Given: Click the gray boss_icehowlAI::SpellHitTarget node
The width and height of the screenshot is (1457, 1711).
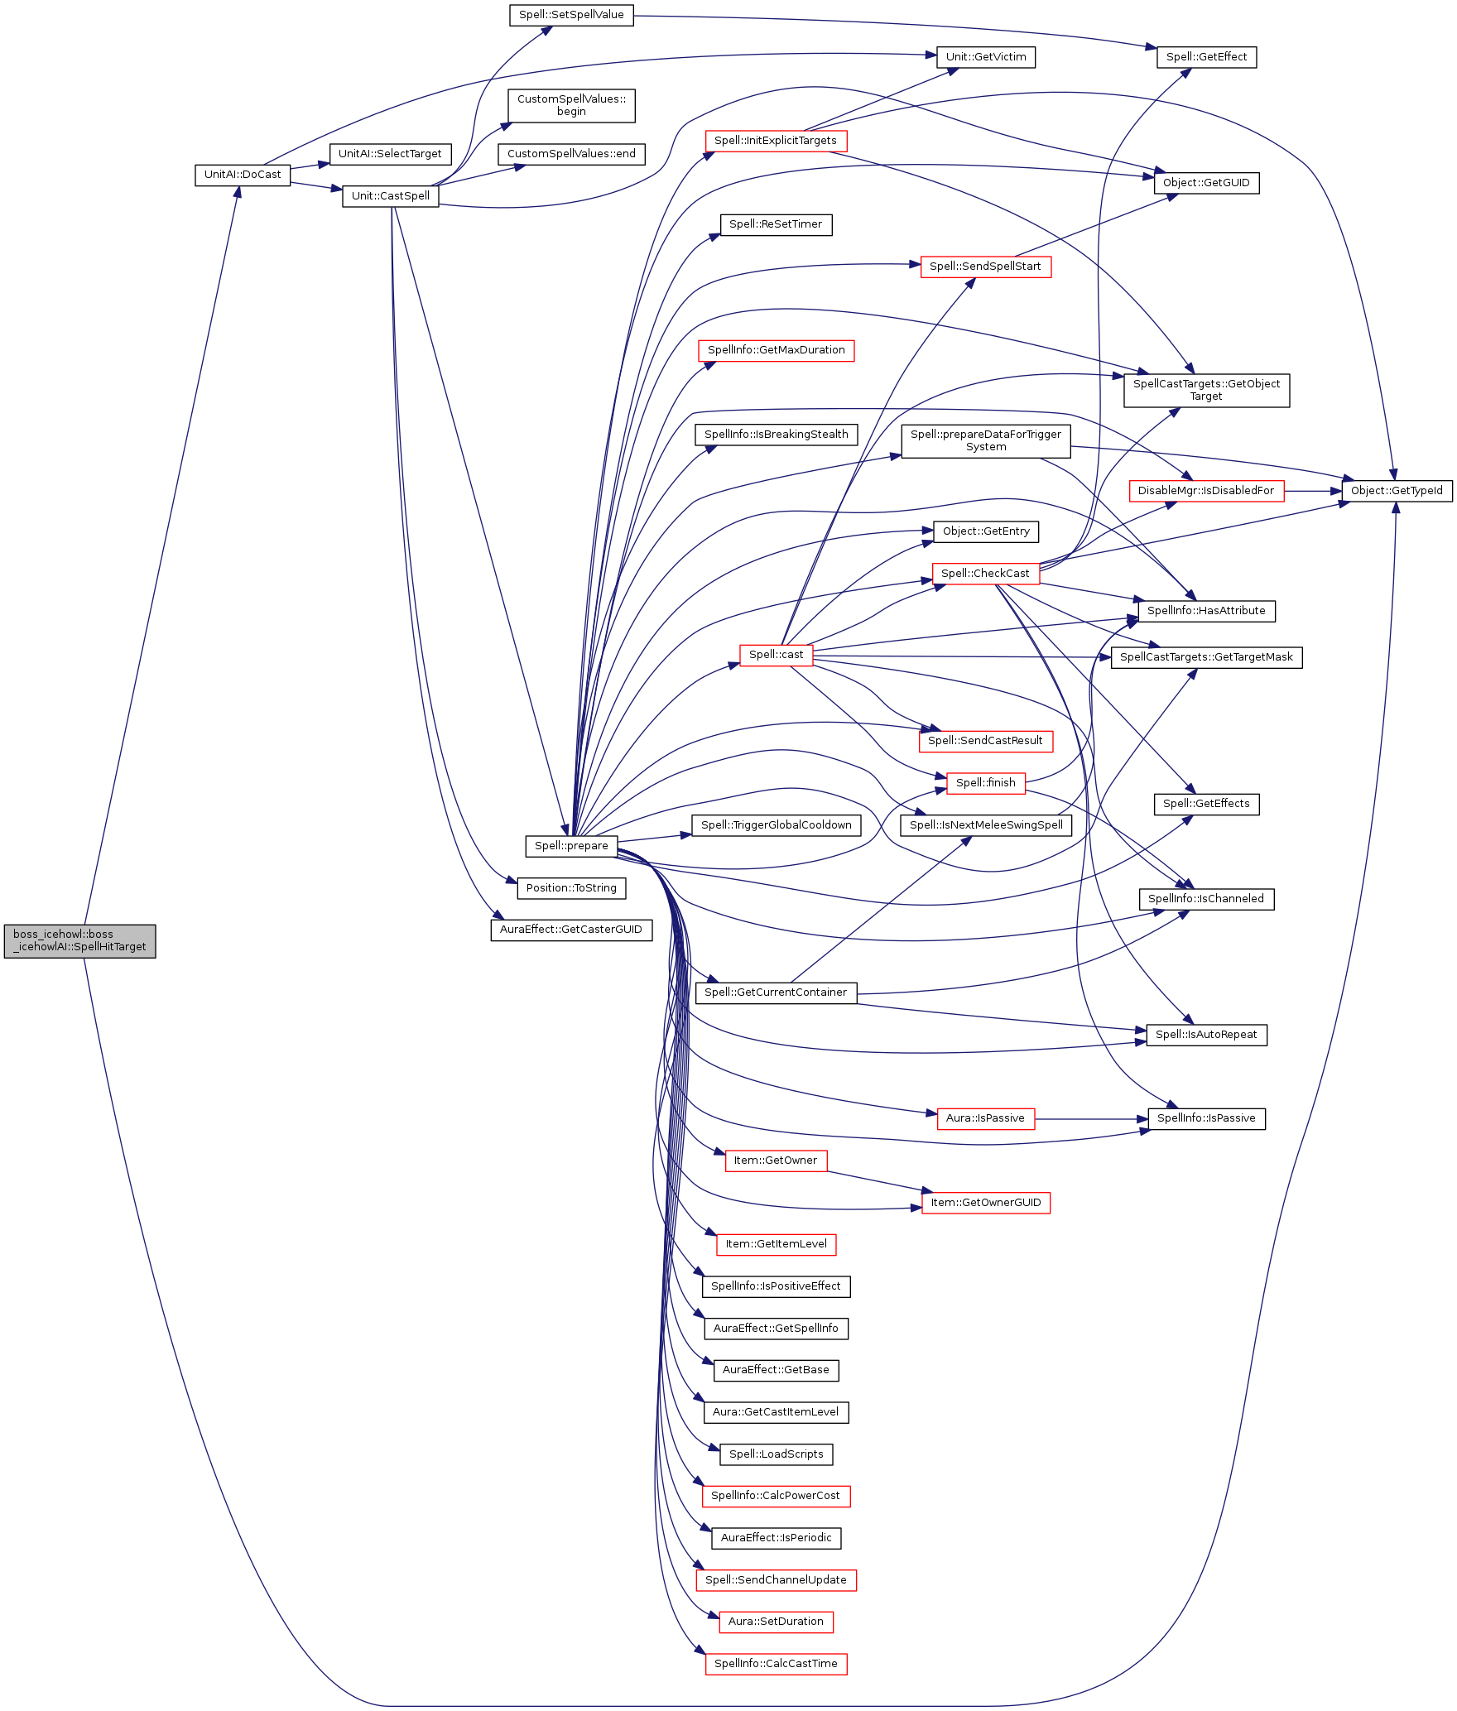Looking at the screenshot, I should [x=79, y=940].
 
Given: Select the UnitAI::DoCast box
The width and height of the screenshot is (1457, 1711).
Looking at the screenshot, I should [x=243, y=175].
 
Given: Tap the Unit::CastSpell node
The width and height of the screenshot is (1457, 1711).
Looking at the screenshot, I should [x=390, y=196].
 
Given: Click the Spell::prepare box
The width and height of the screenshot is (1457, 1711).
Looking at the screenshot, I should [x=571, y=846].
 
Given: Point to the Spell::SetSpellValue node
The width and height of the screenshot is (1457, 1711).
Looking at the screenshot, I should [x=571, y=15].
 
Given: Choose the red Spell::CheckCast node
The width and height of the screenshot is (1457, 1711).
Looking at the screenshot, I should [x=985, y=574].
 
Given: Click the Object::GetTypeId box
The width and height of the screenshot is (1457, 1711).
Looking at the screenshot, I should [x=1397, y=491].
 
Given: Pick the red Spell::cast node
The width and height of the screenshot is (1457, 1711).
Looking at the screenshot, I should [x=776, y=655].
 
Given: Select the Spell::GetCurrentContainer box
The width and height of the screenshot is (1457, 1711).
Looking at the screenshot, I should [x=776, y=992].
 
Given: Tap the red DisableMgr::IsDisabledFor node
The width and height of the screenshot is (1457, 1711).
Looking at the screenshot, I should [x=1206, y=491].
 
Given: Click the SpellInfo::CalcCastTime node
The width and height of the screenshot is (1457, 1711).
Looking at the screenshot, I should [x=776, y=1664].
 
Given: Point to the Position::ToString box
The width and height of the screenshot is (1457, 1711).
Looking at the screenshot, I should [x=571, y=888].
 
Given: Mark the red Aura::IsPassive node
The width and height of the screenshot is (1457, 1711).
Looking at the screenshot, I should [x=985, y=1118].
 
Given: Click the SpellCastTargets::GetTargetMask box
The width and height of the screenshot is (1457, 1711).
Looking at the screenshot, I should [x=1206, y=657].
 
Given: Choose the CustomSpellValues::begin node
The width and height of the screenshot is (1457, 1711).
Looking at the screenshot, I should [x=571, y=105].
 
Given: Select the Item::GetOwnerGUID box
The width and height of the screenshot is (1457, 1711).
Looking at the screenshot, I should [x=985, y=1203].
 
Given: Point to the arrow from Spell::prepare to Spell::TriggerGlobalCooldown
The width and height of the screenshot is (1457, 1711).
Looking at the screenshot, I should [x=654, y=838].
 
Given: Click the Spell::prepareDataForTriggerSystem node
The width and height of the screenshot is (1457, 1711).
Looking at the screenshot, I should [x=985, y=440].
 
